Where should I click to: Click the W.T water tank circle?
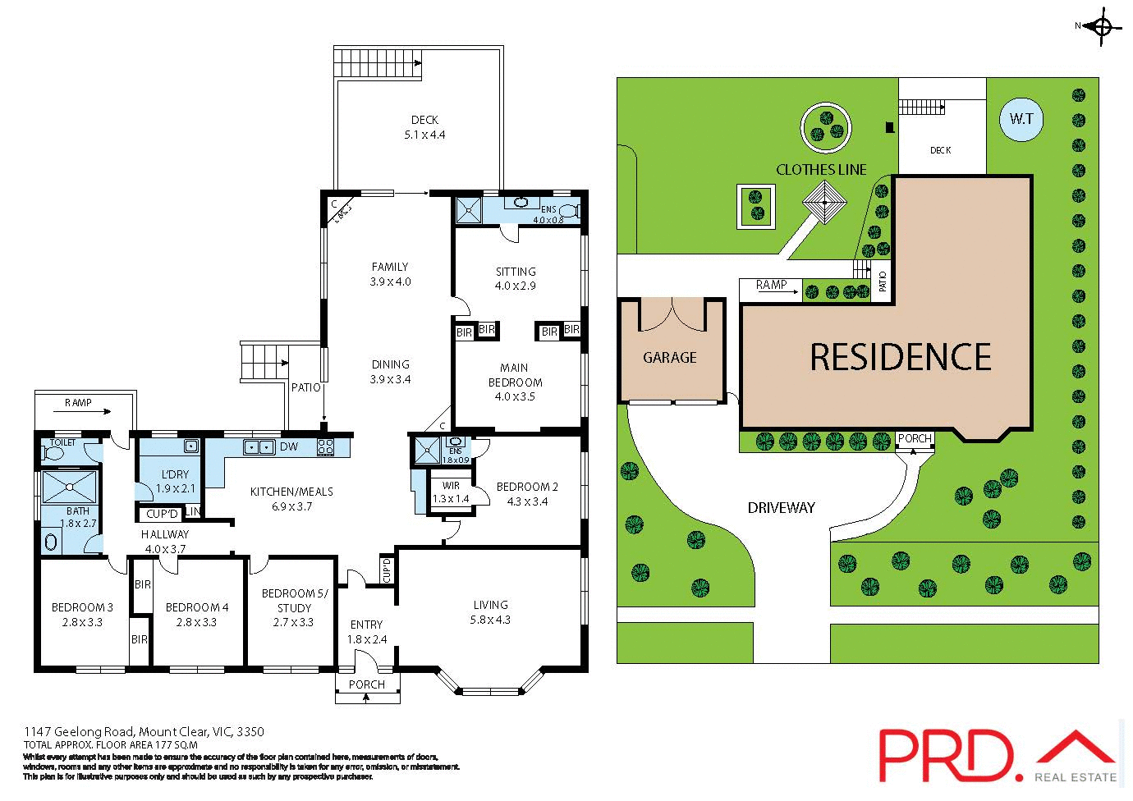(x=1021, y=119)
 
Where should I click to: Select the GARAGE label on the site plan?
(x=669, y=357)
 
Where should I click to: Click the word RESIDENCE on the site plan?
(x=901, y=357)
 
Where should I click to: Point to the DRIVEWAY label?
(x=781, y=507)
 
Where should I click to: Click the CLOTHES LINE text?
(x=821, y=169)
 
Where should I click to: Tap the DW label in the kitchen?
(x=289, y=446)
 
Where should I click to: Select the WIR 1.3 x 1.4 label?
(x=450, y=492)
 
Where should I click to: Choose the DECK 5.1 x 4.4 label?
(x=424, y=127)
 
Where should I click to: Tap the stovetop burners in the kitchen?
(x=326, y=447)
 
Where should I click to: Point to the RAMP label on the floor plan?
(x=78, y=403)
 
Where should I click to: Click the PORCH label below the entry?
(x=367, y=684)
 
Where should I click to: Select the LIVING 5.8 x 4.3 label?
(x=490, y=612)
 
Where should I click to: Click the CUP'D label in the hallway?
(x=163, y=515)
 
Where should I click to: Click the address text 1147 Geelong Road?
(x=144, y=731)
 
